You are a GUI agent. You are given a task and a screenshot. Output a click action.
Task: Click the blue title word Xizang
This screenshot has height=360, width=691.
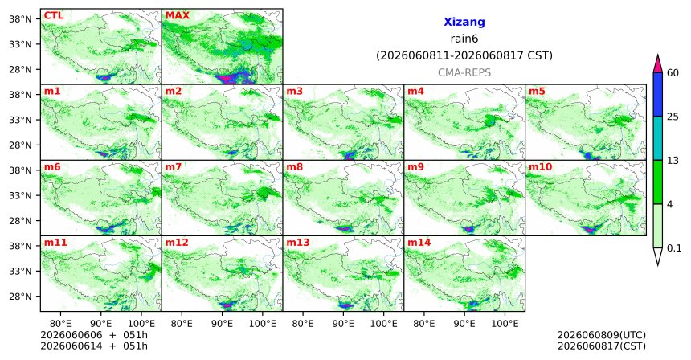click(464, 22)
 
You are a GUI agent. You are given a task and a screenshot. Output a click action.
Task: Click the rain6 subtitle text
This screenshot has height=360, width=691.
click(464, 39)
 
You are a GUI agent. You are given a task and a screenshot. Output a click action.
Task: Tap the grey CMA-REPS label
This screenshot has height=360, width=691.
click(464, 72)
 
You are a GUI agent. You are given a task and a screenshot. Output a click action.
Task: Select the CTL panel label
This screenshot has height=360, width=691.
click(54, 16)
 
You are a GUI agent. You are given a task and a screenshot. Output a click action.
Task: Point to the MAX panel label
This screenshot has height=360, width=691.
click(177, 16)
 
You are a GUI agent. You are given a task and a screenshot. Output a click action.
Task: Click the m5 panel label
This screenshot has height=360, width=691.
click(537, 92)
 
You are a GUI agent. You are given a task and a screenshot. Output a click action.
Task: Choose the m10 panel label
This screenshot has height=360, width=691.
click(540, 167)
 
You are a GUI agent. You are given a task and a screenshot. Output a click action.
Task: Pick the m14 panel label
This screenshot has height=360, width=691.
click(419, 243)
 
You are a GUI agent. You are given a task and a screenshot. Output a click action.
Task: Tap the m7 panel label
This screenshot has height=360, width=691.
click(174, 167)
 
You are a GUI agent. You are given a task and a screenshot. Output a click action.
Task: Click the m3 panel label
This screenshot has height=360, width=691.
click(294, 92)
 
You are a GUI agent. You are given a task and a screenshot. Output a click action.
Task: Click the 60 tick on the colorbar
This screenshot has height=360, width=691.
click(673, 73)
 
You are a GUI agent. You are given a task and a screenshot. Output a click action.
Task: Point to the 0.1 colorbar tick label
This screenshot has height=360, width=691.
click(674, 248)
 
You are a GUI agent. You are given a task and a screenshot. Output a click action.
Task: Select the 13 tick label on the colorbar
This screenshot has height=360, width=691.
click(673, 161)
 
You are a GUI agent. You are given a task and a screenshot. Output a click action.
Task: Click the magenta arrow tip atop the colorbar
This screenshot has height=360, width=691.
click(658, 55)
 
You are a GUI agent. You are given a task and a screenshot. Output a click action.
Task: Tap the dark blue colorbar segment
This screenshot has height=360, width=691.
click(658, 94)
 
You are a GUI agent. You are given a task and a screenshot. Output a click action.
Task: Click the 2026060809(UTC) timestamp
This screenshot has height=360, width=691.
click(602, 335)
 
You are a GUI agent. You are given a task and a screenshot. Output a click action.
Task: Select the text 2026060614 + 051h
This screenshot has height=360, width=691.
click(94, 346)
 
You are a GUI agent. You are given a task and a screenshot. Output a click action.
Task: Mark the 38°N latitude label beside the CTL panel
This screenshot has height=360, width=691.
click(20, 19)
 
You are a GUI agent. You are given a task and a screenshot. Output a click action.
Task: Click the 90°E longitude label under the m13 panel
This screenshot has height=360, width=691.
click(343, 324)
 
